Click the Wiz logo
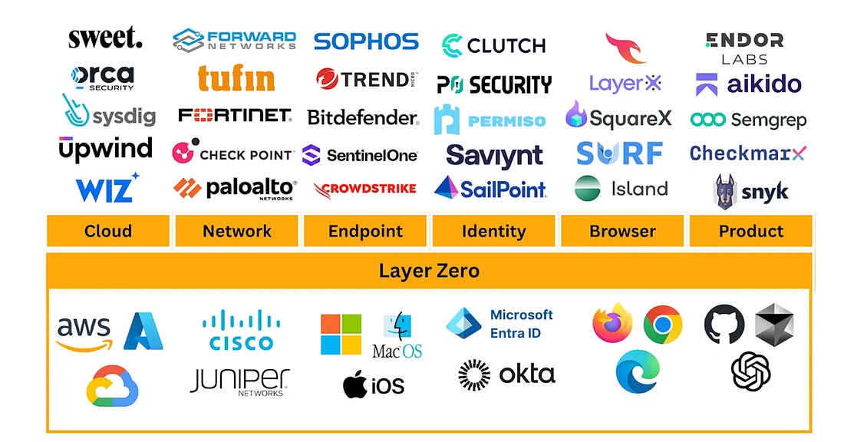pyautogui.click(x=107, y=188)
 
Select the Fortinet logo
pyautogui.click(x=235, y=116)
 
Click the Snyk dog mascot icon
pyautogui.click(x=725, y=191)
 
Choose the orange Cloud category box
pyautogui.click(x=107, y=231)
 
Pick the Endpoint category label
pyautogui.click(x=365, y=231)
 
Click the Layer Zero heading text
pyautogui.click(x=429, y=270)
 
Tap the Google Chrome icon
pyautogui.click(x=662, y=324)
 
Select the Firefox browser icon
pyautogui.click(x=612, y=323)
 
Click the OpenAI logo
pyautogui.click(x=750, y=372)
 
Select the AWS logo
pyautogui.click(x=84, y=332)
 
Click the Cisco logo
pyautogui.click(x=242, y=331)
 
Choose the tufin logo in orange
pyautogui.click(x=236, y=78)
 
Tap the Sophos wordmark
pyautogui.click(x=366, y=41)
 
